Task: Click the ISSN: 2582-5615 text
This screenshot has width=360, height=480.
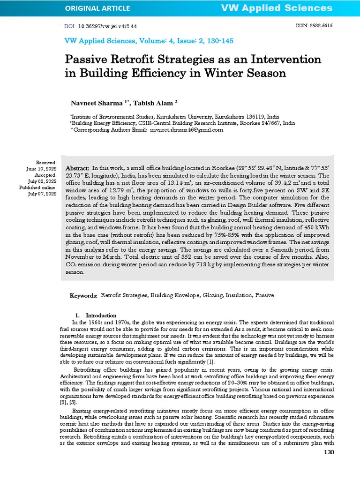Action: tap(314, 26)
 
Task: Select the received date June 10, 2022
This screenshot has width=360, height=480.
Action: tap(41, 168)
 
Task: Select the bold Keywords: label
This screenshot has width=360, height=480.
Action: tap(84, 296)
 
